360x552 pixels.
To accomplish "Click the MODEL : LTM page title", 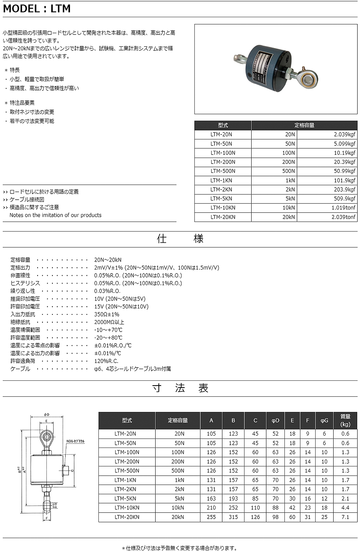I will pyautogui.click(x=37, y=8).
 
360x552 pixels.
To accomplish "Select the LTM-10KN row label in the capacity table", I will pyautogui.click(x=223, y=208).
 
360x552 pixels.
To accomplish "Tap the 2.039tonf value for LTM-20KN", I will pyautogui.click(x=343, y=217).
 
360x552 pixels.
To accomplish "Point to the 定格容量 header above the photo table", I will pyautogui.click(x=304, y=125).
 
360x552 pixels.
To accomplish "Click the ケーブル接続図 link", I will pyautogui.click(x=27, y=200).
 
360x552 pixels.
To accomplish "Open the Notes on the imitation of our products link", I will pyautogui.click(x=55, y=215).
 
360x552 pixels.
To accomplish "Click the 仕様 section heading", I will pyautogui.click(x=180, y=239).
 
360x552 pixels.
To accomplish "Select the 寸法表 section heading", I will pyautogui.click(x=180, y=388).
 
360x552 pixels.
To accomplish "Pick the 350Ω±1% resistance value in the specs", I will pyautogui.click(x=107, y=314).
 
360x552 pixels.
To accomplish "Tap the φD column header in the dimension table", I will pyautogui.click(x=275, y=420).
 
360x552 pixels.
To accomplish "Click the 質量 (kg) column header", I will pyautogui.click(x=345, y=420).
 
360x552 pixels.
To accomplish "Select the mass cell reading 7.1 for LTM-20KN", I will pyautogui.click(x=345, y=517).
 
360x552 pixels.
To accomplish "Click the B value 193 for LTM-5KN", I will pyautogui.click(x=233, y=499).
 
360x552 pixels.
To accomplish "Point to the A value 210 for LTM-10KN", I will pyautogui.click(x=211, y=508).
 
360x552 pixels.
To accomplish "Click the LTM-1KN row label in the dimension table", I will pyautogui.click(x=125, y=480).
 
